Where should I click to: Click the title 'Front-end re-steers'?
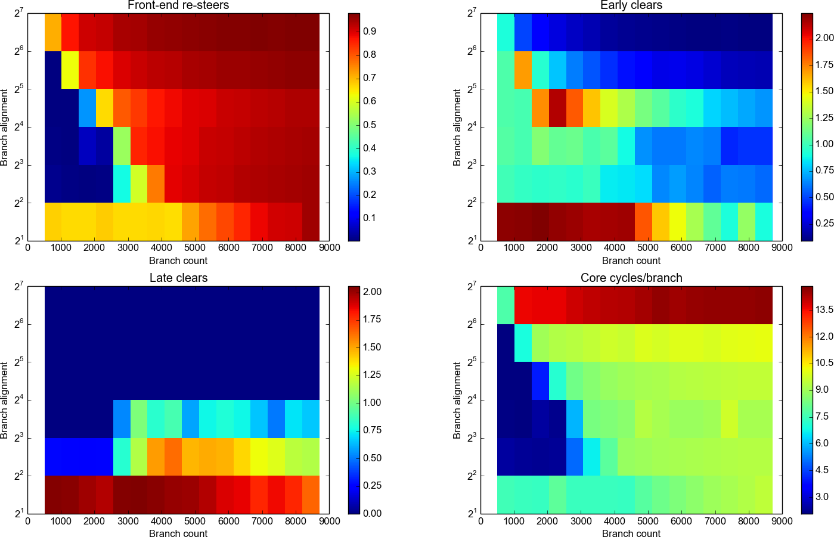click(x=178, y=5)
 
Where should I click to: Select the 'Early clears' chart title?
click(x=631, y=5)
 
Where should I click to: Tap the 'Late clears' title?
click(x=178, y=278)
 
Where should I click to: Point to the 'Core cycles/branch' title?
click(x=631, y=278)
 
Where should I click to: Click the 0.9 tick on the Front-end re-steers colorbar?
click(x=370, y=31)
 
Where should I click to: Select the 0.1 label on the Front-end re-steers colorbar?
click(x=370, y=218)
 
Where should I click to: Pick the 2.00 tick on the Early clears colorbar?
click(x=824, y=38)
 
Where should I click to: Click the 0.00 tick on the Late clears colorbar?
click(x=372, y=513)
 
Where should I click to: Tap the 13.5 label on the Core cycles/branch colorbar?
click(x=824, y=309)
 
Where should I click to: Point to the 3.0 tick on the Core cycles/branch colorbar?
click(x=822, y=496)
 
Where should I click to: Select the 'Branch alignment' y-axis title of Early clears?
click(x=457, y=127)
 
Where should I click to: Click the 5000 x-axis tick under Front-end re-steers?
click(x=195, y=248)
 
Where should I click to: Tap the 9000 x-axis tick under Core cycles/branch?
click(x=782, y=521)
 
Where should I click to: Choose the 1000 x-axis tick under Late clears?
click(x=61, y=521)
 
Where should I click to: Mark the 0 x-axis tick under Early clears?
click(x=481, y=248)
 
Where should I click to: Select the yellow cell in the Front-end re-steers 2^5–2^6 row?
click(x=70, y=70)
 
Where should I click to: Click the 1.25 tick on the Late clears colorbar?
click(x=372, y=374)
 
